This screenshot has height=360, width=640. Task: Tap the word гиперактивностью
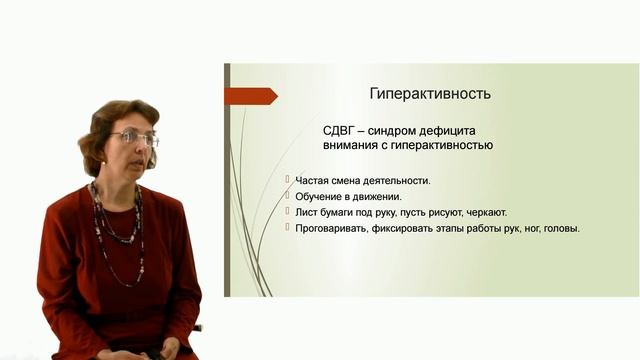tap(439, 146)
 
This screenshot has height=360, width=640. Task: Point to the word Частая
tap(315, 181)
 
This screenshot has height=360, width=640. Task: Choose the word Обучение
tap(323, 197)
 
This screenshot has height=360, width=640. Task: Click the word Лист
tap(306, 212)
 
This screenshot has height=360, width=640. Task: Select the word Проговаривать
tap(335, 228)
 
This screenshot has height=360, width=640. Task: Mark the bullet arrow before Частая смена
tap(287, 181)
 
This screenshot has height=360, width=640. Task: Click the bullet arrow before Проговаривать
tap(287, 228)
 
